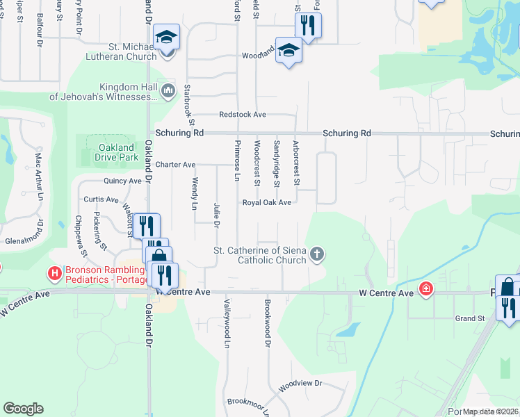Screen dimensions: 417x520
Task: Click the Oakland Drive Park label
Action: pyautogui.click(x=116, y=152)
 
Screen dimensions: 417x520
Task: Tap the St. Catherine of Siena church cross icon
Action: pyautogui.click(x=317, y=254)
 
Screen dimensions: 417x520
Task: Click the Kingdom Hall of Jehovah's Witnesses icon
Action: pyautogui.click(x=168, y=90)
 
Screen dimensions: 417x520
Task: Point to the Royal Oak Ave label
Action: pyautogui.click(x=266, y=203)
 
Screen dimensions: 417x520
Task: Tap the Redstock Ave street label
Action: pyautogui.click(x=243, y=114)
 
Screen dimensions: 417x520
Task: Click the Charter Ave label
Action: pyautogui.click(x=175, y=165)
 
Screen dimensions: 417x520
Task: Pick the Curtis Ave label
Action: pyautogui.click(x=97, y=199)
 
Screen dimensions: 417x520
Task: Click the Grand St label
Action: pyautogui.click(x=469, y=318)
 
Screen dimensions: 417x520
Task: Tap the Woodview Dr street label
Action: pyautogui.click(x=301, y=383)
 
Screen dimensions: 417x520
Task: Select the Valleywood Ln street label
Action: pyautogui.click(x=227, y=323)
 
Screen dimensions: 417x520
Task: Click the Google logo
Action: pyautogui.click(x=23, y=409)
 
